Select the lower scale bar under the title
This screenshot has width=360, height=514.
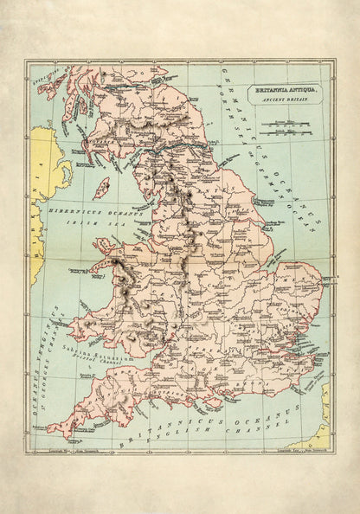(280, 135)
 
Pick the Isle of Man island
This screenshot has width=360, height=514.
(100, 188)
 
